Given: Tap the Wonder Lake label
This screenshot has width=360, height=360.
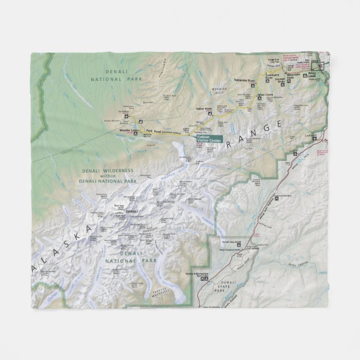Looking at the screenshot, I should coord(128,131).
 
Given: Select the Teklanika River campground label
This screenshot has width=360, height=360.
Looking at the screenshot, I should coord(244,80).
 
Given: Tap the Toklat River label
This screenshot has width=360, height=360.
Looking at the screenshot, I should coord(204,108).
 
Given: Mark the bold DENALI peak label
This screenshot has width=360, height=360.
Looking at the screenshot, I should coord(131,211).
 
